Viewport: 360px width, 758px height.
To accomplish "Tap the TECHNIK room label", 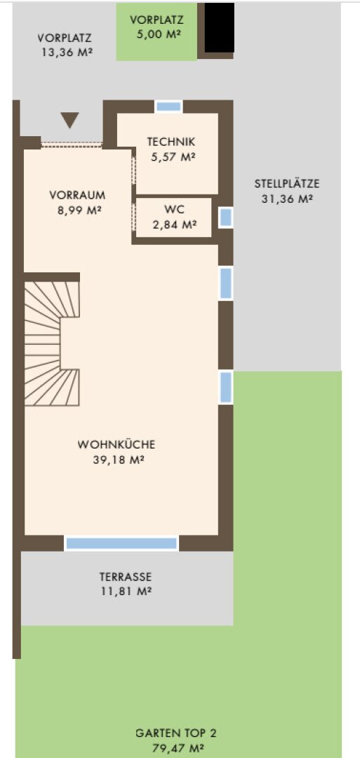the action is coord(171,142).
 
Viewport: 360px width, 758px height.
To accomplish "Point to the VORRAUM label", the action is coord(77,196).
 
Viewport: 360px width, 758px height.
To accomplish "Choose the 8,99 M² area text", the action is coord(77,211).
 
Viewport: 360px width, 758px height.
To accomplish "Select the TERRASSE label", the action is coord(126,577).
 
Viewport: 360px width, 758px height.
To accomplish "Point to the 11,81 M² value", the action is coord(126,591).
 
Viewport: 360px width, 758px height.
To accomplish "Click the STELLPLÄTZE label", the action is coord(287,184).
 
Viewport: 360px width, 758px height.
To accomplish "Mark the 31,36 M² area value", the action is coord(288,199).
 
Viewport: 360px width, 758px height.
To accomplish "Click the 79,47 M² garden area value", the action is coord(178,749).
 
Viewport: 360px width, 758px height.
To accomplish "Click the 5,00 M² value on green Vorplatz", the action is coord(157,35).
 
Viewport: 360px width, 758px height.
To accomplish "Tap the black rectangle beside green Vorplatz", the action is coord(220,27).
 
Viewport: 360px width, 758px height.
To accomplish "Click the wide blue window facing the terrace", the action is coord(122,543).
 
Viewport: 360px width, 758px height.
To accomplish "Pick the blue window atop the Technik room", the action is coord(168,107).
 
